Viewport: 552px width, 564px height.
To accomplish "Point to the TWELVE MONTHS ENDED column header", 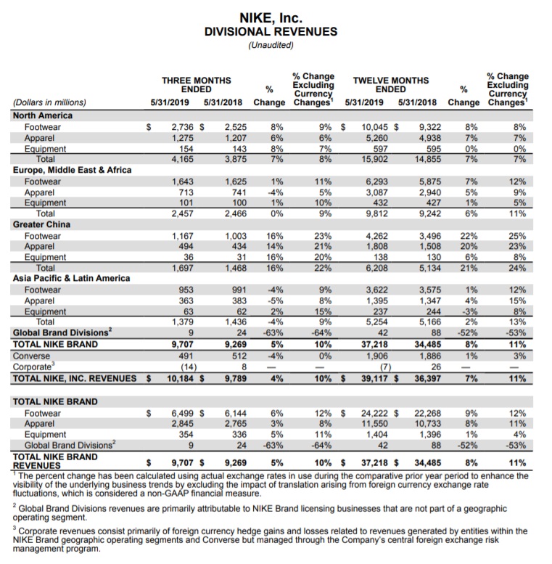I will (390, 85).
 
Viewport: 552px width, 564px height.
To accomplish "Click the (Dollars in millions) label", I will (49, 102).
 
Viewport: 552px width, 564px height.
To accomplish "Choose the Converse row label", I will (34, 356).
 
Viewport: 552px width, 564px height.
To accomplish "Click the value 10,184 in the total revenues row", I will (180, 378).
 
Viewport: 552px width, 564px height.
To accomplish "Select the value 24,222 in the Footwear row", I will (379, 413).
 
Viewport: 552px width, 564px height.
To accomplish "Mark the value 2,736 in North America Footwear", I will (183, 126).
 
